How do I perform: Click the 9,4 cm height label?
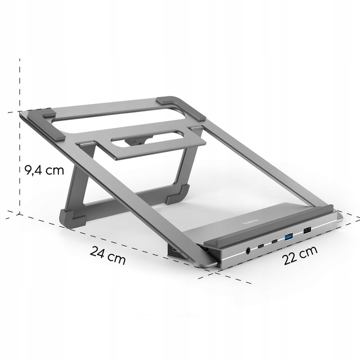pyautogui.click(x=44, y=169)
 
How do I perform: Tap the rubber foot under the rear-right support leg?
pyautogui.click(x=178, y=194)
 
